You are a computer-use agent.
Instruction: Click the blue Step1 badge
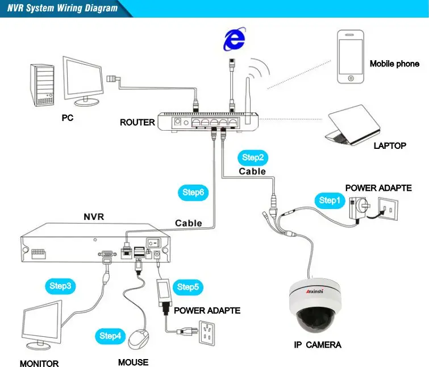[x=328, y=200]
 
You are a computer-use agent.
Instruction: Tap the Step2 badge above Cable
[x=253, y=157]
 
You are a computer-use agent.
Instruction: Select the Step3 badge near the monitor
[x=60, y=286]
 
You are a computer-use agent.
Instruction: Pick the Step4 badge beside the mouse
[x=110, y=336]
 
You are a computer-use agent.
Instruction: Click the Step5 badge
[x=188, y=287]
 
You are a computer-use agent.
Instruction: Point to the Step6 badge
[x=193, y=192]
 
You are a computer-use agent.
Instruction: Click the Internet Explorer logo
[x=234, y=40]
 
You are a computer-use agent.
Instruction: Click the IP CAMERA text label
[x=318, y=345]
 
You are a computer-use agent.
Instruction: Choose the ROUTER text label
[x=137, y=122]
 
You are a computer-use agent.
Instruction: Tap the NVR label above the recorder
[x=94, y=216]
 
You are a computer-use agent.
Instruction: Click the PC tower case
[x=44, y=85]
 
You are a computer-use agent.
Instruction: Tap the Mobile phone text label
[x=394, y=64]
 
